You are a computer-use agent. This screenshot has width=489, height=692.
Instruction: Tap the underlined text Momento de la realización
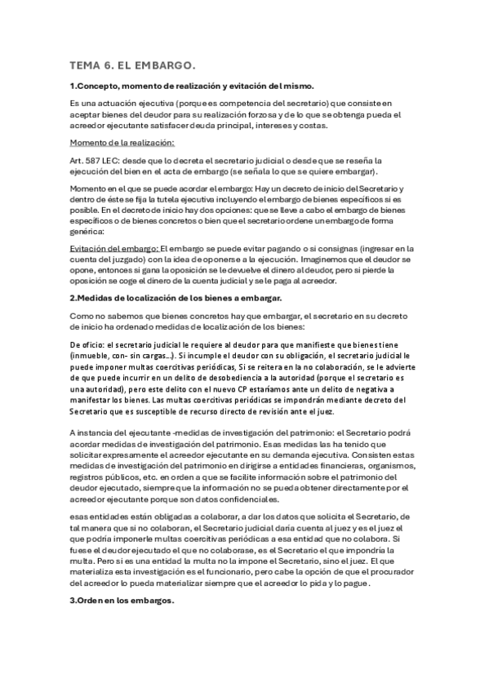pyautogui.click(x=117, y=143)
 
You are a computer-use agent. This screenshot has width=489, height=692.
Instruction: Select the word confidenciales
pyautogui.click(x=273, y=498)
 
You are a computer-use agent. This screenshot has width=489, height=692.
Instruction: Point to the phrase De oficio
pyautogui.click(x=87, y=344)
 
